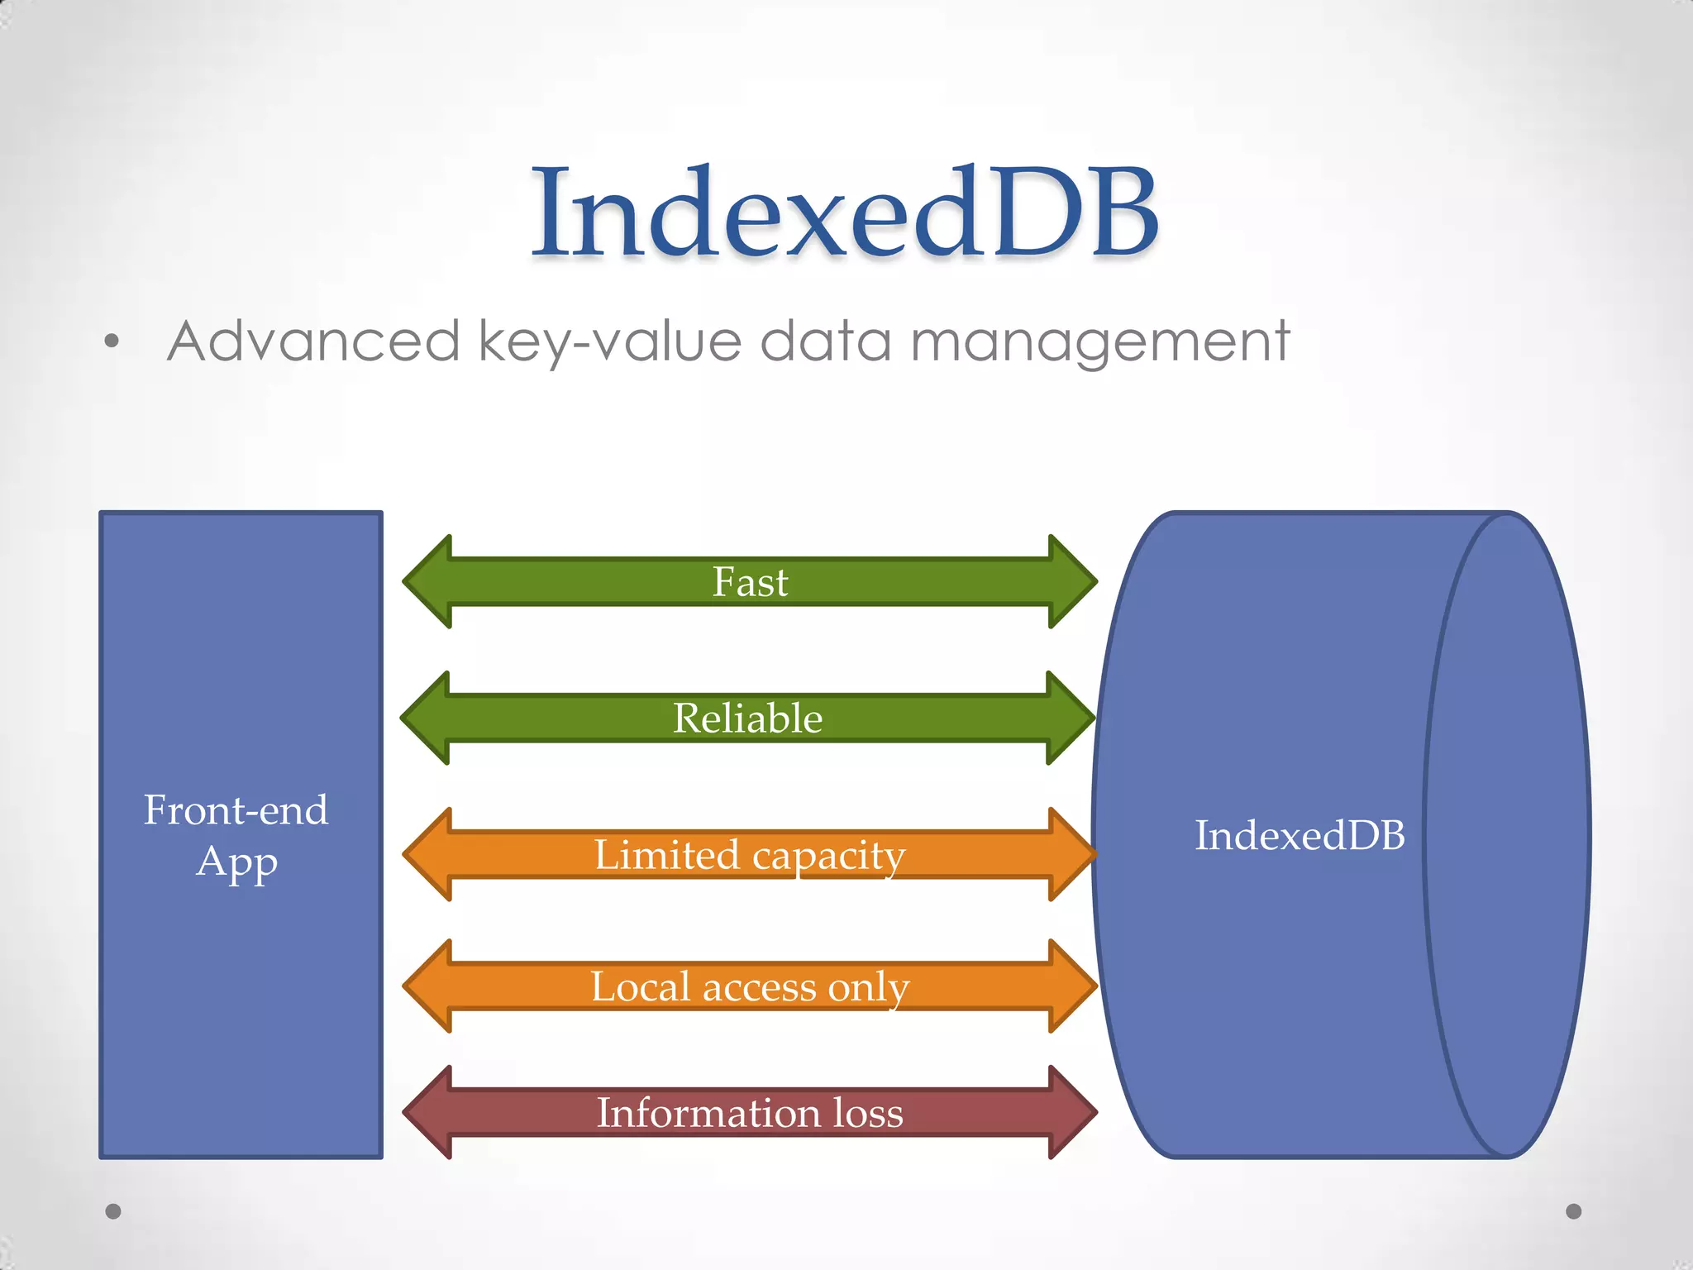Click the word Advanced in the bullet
[x=313, y=341]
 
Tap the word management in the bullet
[x=1099, y=342]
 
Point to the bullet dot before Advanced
[x=112, y=341]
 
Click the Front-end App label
[x=236, y=835]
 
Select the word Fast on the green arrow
[x=750, y=582]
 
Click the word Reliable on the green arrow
[x=747, y=718]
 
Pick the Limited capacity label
[x=750, y=855]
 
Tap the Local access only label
[x=750, y=986]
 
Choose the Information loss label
[x=750, y=1113]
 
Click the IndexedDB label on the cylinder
[x=1300, y=835]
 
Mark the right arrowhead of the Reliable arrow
[x=1071, y=718]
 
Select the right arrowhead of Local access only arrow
[x=1072, y=986]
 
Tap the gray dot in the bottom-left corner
[x=113, y=1211]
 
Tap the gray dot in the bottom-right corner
[x=1574, y=1211]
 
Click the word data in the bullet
[x=825, y=341]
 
